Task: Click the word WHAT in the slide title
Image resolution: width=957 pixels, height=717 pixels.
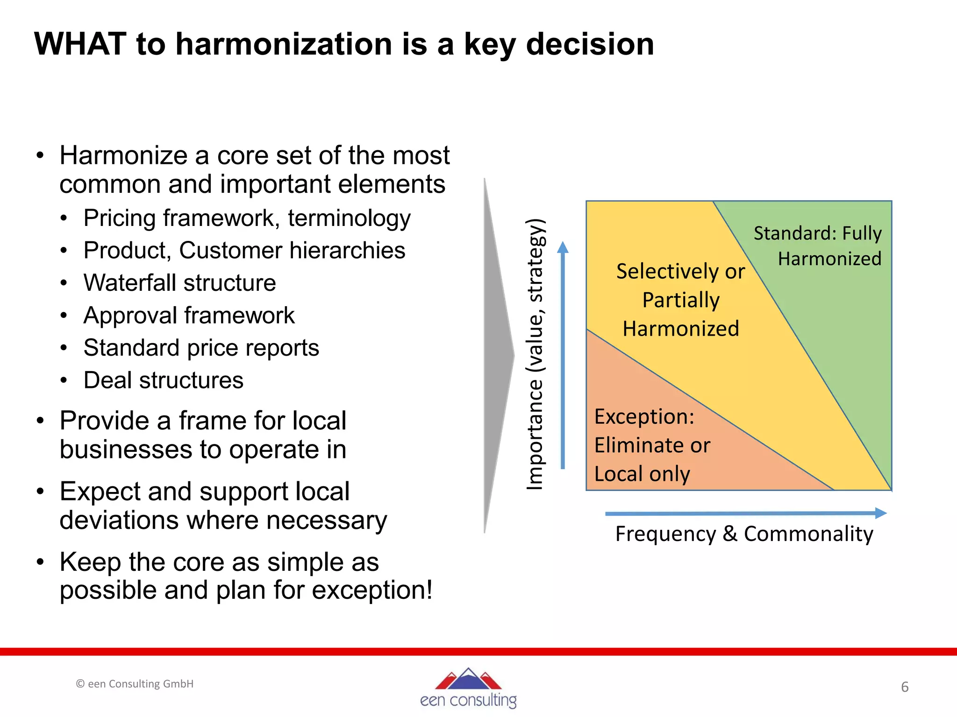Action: click(x=80, y=44)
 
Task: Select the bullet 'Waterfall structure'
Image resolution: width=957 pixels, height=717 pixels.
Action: click(x=180, y=283)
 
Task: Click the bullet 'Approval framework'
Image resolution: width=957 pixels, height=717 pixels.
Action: click(x=189, y=316)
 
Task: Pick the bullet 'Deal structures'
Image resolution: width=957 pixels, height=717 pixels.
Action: click(x=164, y=380)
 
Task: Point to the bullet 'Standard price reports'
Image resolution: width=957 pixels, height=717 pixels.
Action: click(x=201, y=348)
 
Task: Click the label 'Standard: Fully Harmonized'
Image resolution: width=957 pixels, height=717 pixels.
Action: click(x=818, y=246)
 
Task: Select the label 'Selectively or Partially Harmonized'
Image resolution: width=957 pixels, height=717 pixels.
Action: click(x=680, y=300)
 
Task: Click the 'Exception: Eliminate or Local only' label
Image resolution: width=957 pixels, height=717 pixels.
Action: click(x=652, y=445)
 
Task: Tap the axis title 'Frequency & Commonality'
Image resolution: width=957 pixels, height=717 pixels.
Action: click(x=744, y=534)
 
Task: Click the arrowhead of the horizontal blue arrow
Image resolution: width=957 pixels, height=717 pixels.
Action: click(x=881, y=513)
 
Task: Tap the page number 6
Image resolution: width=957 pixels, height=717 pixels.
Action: click(x=905, y=687)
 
